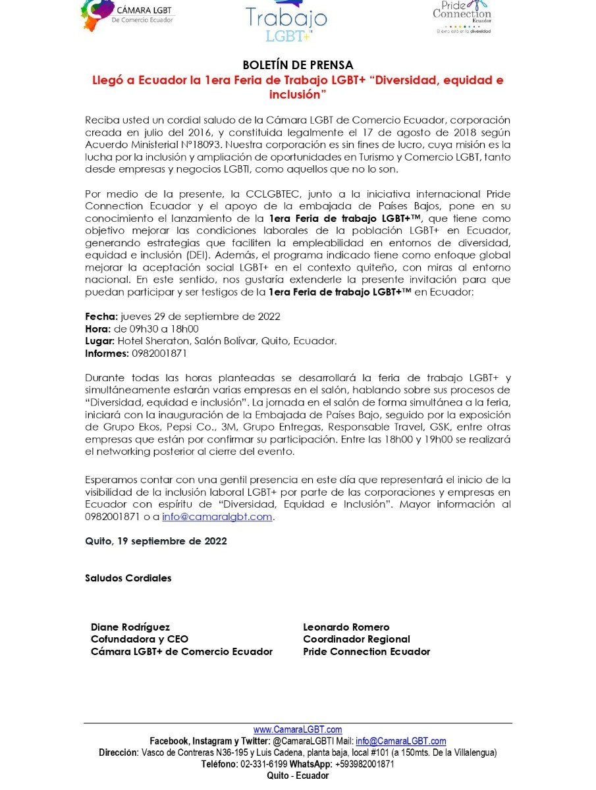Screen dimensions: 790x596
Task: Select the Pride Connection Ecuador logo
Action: click(462, 16)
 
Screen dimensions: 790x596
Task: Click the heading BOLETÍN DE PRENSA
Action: click(298, 65)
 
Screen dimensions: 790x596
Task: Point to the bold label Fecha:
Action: click(101, 317)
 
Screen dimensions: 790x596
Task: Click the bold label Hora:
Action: click(98, 329)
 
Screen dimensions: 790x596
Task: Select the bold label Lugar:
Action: click(100, 341)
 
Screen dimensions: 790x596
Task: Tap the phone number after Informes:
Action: click(159, 354)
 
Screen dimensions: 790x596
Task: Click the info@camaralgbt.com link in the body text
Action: click(217, 517)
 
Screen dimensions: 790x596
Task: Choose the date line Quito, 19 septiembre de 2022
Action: click(156, 541)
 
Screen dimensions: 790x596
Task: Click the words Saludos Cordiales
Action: click(128, 578)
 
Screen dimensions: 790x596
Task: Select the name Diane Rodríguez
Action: click(130, 627)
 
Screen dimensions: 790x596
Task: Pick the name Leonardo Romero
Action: click(346, 627)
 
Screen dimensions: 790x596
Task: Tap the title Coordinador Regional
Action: click(356, 639)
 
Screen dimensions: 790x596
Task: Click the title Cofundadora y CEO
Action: click(139, 639)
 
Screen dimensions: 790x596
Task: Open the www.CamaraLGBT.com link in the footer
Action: click(298, 729)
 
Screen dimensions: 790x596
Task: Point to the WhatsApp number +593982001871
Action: click(364, 764)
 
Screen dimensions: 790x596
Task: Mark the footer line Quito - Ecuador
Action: click(298, 776)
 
